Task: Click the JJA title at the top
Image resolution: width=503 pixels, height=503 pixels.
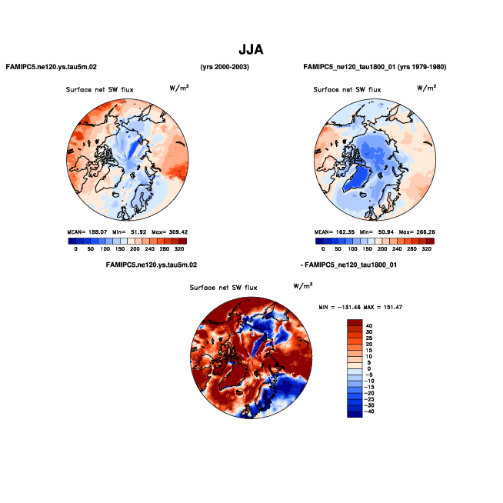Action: coord(251,49)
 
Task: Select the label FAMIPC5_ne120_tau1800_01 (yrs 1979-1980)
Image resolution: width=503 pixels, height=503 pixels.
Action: coord(375,68)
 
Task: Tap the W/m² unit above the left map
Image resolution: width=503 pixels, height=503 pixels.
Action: coord(179,88)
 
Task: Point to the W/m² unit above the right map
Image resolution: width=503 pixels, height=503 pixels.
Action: coord(427,88)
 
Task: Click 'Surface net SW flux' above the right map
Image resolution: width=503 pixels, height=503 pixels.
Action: coord(347,90)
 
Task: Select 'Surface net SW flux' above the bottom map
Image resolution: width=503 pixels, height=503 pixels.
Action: coord(223,288)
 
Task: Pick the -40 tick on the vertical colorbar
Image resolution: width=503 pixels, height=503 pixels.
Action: coord(370,412)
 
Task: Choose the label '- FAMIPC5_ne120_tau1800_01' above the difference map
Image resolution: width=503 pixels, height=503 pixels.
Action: coord(348,265)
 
